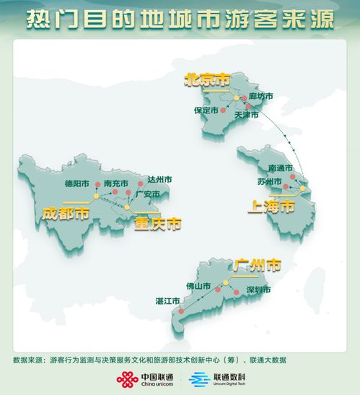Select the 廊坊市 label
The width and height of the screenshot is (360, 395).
(260, 96)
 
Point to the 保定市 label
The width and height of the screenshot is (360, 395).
(206, 110)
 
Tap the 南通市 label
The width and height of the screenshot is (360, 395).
(280, 168)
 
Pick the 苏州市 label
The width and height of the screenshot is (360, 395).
(271, 181)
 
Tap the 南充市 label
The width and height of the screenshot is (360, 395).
(115, 183)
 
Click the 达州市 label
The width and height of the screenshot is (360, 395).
(159, 179)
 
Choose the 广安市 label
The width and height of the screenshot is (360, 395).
(147, 194)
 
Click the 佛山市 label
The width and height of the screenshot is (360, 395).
(198, 286)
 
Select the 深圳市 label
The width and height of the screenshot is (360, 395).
(258, 290)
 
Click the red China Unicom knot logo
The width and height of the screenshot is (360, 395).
(128, 379)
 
